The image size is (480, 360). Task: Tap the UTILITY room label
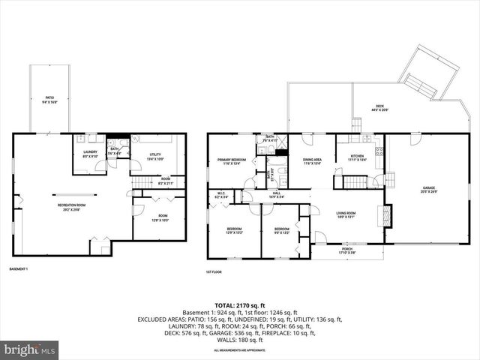[x=155, y=157]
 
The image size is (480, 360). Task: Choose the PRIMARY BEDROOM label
[x=232, y=161]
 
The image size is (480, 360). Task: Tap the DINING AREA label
[x=312, y=161]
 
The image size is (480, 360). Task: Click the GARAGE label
[x=429, y=189]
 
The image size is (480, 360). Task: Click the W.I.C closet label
[x=221, y=195]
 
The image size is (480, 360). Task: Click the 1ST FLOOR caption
[x=214, y=272]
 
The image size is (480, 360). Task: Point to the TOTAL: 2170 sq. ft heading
[x=240, y=306]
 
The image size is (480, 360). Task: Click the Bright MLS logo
[x=30, y=349]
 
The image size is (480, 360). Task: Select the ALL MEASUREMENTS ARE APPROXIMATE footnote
[x=240, y=350]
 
